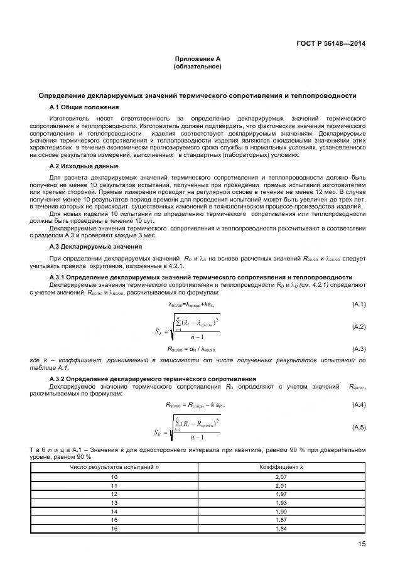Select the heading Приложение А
click(x=197, y=59)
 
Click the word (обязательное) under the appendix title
click(x=197, y=67)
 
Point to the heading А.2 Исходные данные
click(x=84, y=166)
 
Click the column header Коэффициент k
click(x=281, y=468)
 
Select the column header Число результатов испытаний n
click(x=114, y=468)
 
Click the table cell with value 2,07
click(x=281, y=477)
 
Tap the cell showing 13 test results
click(x=114, y=504)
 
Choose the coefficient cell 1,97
click(x=281, y=495)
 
